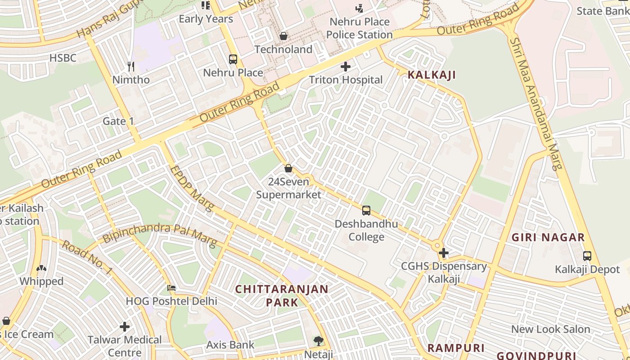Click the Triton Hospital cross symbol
(346, 67)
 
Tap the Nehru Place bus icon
(233, 59)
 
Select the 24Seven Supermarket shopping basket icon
(288, 168)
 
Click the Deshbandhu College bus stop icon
(366, 210)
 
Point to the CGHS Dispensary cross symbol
(444, 253)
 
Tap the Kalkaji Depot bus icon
(587, 256)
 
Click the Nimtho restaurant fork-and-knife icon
(131, 67)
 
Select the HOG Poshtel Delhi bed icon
(171, 288)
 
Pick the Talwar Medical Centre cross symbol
(125, 326)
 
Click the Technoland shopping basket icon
(283, 36)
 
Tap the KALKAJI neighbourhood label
(432, 75)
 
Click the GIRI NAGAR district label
(548, 238)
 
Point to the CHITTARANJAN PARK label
(282, 295)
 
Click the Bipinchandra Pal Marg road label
(159, 234)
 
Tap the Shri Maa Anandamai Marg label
(535, 103)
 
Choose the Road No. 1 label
(87, 257)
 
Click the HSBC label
(63, 58)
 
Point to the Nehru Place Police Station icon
(359, 8)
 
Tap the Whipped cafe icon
(41, 268)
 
